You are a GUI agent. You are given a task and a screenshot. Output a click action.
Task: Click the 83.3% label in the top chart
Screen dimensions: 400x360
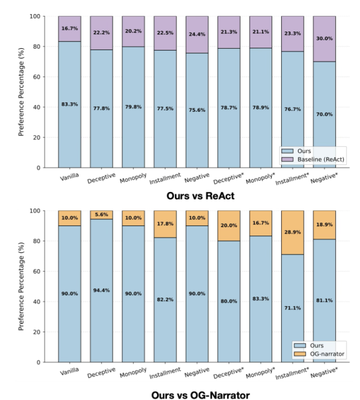click(x=69, y=105)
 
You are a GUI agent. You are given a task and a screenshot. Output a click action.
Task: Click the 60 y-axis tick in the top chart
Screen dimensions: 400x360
click(x=39, y=77)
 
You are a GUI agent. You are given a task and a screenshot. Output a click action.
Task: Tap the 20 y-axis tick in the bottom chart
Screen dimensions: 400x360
click(x=39, y=332)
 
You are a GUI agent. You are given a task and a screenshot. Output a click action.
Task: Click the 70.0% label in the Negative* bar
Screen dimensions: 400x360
click(x=324, y=114)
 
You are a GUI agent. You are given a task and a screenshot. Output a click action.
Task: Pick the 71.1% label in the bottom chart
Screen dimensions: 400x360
click(x=292, y=307)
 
